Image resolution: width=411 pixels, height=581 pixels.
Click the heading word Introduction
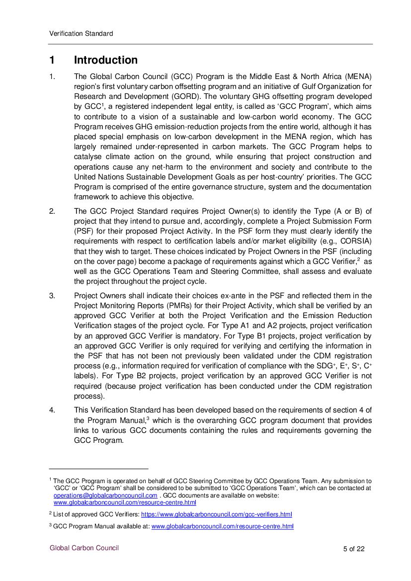[105, 60]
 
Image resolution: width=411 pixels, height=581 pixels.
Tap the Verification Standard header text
[81, 34]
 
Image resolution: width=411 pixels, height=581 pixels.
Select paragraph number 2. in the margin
[52, 211]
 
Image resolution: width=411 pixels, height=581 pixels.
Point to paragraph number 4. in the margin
[52, 410]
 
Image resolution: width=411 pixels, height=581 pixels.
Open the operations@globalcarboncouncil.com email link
[105, 495]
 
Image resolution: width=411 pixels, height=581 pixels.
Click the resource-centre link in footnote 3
[222, 526]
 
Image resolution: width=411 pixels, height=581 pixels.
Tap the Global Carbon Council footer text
[84, 548]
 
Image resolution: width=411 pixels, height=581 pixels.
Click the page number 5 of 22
[354, 549]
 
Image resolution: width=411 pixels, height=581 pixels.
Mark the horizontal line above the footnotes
[99, 468]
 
